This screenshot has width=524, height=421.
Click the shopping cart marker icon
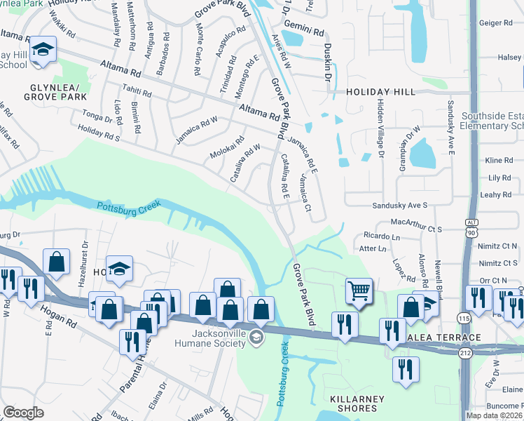pyautogui.click(x=359, y=289)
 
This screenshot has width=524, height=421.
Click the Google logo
pyautogui.click(x=23, y=413)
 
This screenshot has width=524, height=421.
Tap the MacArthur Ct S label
pyautogui.click(x=417, y=229)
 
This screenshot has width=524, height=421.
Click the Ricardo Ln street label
pyautogui.click(x=381, y=237)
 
